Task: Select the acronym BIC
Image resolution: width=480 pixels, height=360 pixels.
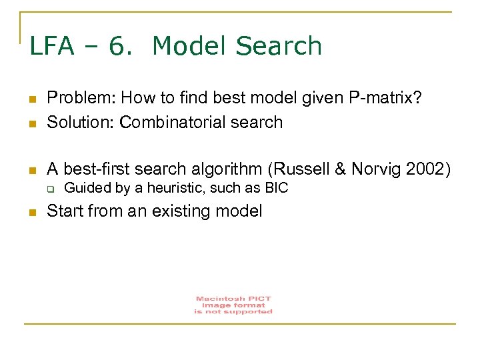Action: point(276,188)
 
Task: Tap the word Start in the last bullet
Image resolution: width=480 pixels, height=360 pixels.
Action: point(65,211)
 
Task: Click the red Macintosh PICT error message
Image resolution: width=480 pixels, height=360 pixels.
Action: point(233,305)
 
